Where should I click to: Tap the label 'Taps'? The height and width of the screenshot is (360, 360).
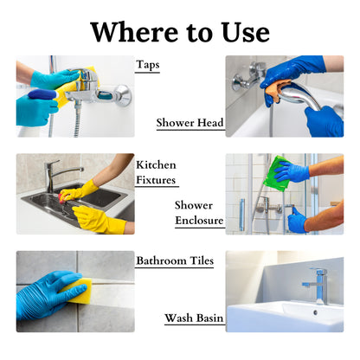[x=147, y=64]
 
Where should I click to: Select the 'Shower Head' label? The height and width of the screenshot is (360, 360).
[x=190, y=123]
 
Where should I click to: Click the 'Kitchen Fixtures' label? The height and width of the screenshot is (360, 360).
[x=157, y=172]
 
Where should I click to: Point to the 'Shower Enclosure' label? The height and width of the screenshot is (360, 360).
[x=199, y=213]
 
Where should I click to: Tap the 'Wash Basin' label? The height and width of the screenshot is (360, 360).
[x=195, y=318]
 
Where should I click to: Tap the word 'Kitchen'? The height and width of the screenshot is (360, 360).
[x=157, y=164]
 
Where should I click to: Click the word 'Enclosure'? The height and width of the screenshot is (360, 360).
[x=199, y=221]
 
